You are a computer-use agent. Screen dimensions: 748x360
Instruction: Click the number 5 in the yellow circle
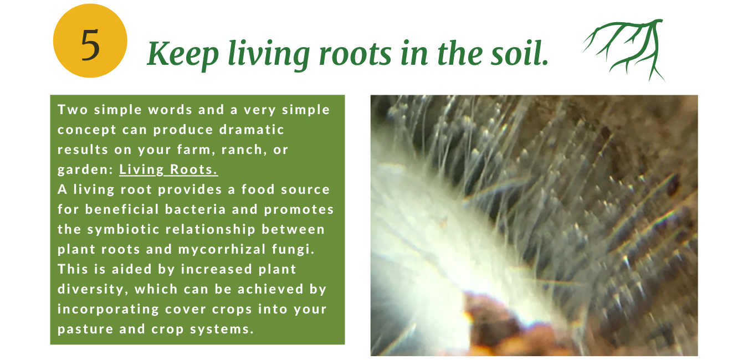pos(90,45)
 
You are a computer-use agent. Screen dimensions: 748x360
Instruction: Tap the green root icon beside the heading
pos(624,50)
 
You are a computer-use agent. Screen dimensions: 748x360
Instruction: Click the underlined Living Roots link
pos(168,169)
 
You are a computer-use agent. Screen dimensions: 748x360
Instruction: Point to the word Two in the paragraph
pos(73,110)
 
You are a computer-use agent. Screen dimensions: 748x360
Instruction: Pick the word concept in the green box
pos(87,130)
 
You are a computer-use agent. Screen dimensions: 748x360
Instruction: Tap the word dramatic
pos(252,130)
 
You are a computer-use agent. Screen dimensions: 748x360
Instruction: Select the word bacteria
pos(196,209)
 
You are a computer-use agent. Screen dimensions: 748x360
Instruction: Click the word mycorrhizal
pos(222,249)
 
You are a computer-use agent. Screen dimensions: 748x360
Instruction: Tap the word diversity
pos(93,289)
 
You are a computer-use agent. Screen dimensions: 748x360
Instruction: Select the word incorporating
pos(108,309)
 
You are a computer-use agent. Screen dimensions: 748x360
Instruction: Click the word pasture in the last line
pos(85,330)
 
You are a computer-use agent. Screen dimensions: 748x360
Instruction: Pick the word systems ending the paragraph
pos(222,330)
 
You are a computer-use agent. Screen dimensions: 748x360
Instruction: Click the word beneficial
pos(122,209)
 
